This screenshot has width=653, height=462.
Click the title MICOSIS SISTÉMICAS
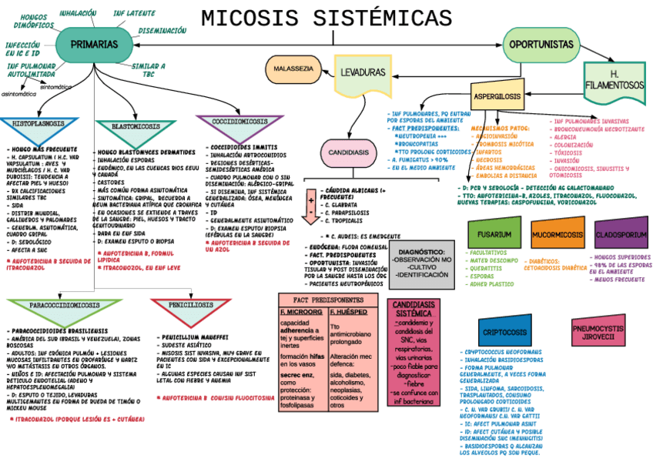click(326, 18)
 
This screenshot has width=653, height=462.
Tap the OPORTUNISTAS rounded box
click(541, 45)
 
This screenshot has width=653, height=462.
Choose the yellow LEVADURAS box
click(362, 72)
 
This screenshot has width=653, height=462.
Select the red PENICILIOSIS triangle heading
click(191, 305)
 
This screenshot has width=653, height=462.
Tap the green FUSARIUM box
click(494, 233)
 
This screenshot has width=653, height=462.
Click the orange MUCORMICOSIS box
click(558, 233)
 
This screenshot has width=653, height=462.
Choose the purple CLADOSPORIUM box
click(619, 233)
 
